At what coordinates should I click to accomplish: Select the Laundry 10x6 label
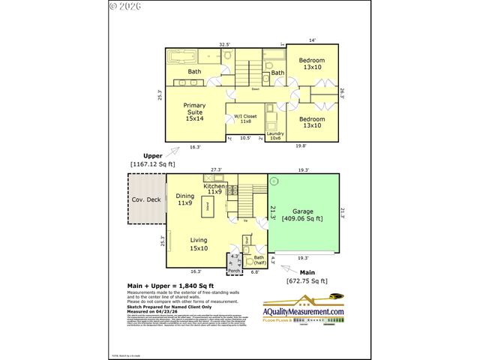[274, 136]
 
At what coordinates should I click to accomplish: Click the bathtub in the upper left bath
[179, 56]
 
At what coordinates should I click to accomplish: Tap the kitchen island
[207, 205]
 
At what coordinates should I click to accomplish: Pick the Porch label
[233, 270]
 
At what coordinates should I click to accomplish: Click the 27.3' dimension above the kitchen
[216, 170]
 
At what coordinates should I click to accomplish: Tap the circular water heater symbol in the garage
[274, 181]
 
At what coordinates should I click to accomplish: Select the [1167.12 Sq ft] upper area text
[152, 163]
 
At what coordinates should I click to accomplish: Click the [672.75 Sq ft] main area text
[305, 280]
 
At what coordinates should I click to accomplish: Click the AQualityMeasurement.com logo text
[303, 311]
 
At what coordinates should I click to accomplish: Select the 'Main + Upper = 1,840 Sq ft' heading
[169, 286]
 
